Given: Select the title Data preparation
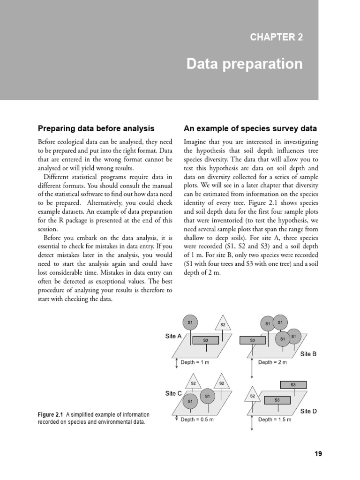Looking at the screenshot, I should (244, 64).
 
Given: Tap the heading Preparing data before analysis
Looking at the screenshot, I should (96, 128).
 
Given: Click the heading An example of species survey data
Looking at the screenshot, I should (250, 128).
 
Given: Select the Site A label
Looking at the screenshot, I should (173, 336).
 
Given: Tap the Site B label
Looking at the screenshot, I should (308, 354).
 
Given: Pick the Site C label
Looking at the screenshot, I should (173, 394).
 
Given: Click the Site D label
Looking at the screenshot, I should (308, 411).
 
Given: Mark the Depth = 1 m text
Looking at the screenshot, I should (195, 362).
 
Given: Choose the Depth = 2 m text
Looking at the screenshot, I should (272, 362).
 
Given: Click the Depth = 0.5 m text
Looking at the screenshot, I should (197, 420).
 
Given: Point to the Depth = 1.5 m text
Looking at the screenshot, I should (275, 420).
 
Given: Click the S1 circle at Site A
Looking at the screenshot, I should (190, 322).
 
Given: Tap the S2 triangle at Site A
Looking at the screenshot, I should (223, 324).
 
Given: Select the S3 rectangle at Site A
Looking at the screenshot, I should (205, 340).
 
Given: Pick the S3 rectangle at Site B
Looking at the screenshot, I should (252, 340).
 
